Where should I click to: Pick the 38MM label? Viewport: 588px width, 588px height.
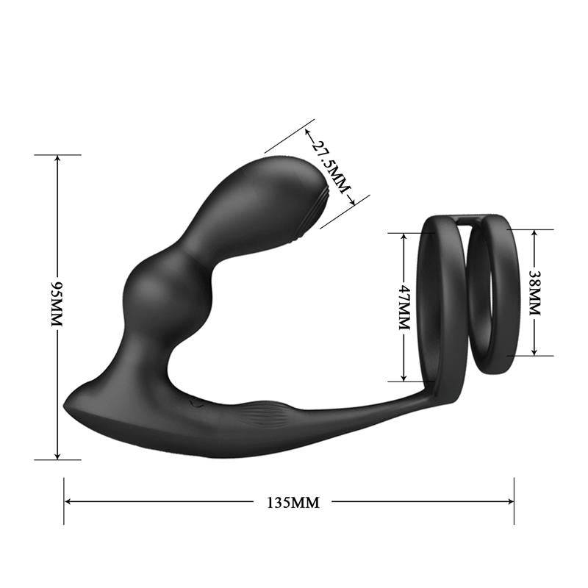[x=534, y=292]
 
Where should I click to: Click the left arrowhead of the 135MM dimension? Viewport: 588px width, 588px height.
[x=68, y=502]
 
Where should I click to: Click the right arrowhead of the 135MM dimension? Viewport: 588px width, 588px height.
[x=511, y=502]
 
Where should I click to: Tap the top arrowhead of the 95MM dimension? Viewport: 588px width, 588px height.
[x=57, y=158]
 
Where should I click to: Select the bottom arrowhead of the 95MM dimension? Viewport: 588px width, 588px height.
[x=57, y=456]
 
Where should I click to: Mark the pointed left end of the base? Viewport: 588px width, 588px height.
[x=67, y=404]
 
